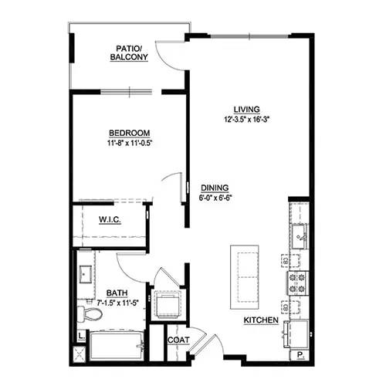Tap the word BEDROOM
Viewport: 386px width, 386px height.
129,133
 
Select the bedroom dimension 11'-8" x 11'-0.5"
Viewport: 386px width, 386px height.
129,143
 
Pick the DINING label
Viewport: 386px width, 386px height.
213,188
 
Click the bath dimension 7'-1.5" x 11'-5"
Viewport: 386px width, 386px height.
117,302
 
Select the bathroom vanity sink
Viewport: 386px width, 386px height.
84,275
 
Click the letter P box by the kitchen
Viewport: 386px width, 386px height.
300,356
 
